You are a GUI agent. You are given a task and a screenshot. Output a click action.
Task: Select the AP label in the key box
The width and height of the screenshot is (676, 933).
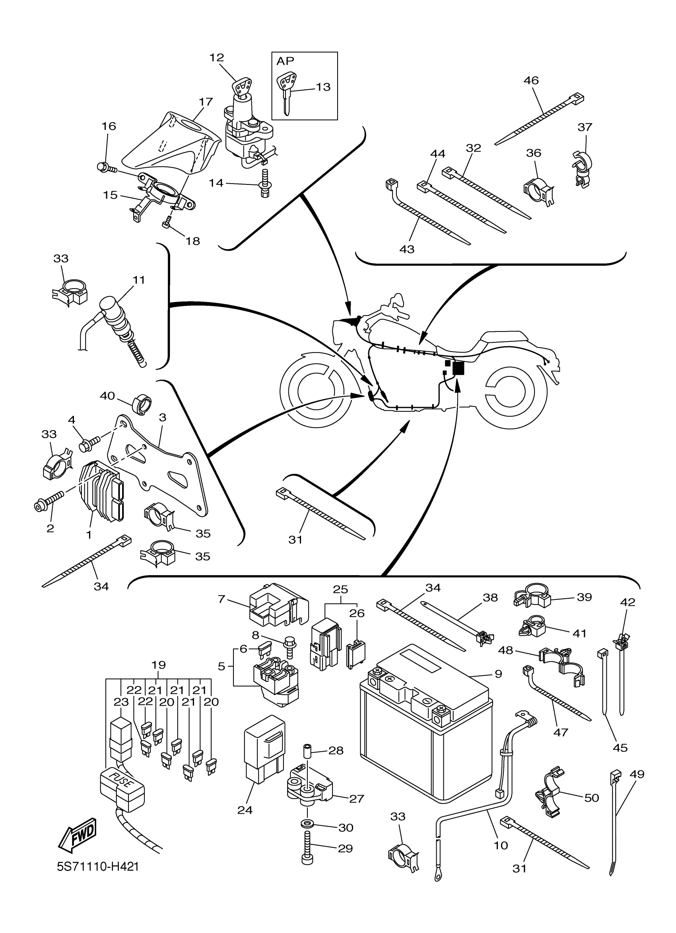click(285, 61)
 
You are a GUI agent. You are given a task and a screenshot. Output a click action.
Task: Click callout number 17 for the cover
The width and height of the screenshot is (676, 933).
click(206, 101)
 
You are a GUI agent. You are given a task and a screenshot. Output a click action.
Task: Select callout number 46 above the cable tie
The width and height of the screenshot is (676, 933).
click(531, 80)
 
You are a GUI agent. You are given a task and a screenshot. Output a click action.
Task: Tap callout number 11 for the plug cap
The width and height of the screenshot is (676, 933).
click(139, 280)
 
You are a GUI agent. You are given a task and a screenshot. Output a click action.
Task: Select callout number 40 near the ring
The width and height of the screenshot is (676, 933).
click(107, 396)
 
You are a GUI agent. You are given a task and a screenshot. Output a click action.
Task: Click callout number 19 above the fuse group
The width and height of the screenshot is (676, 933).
click(158, 665)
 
